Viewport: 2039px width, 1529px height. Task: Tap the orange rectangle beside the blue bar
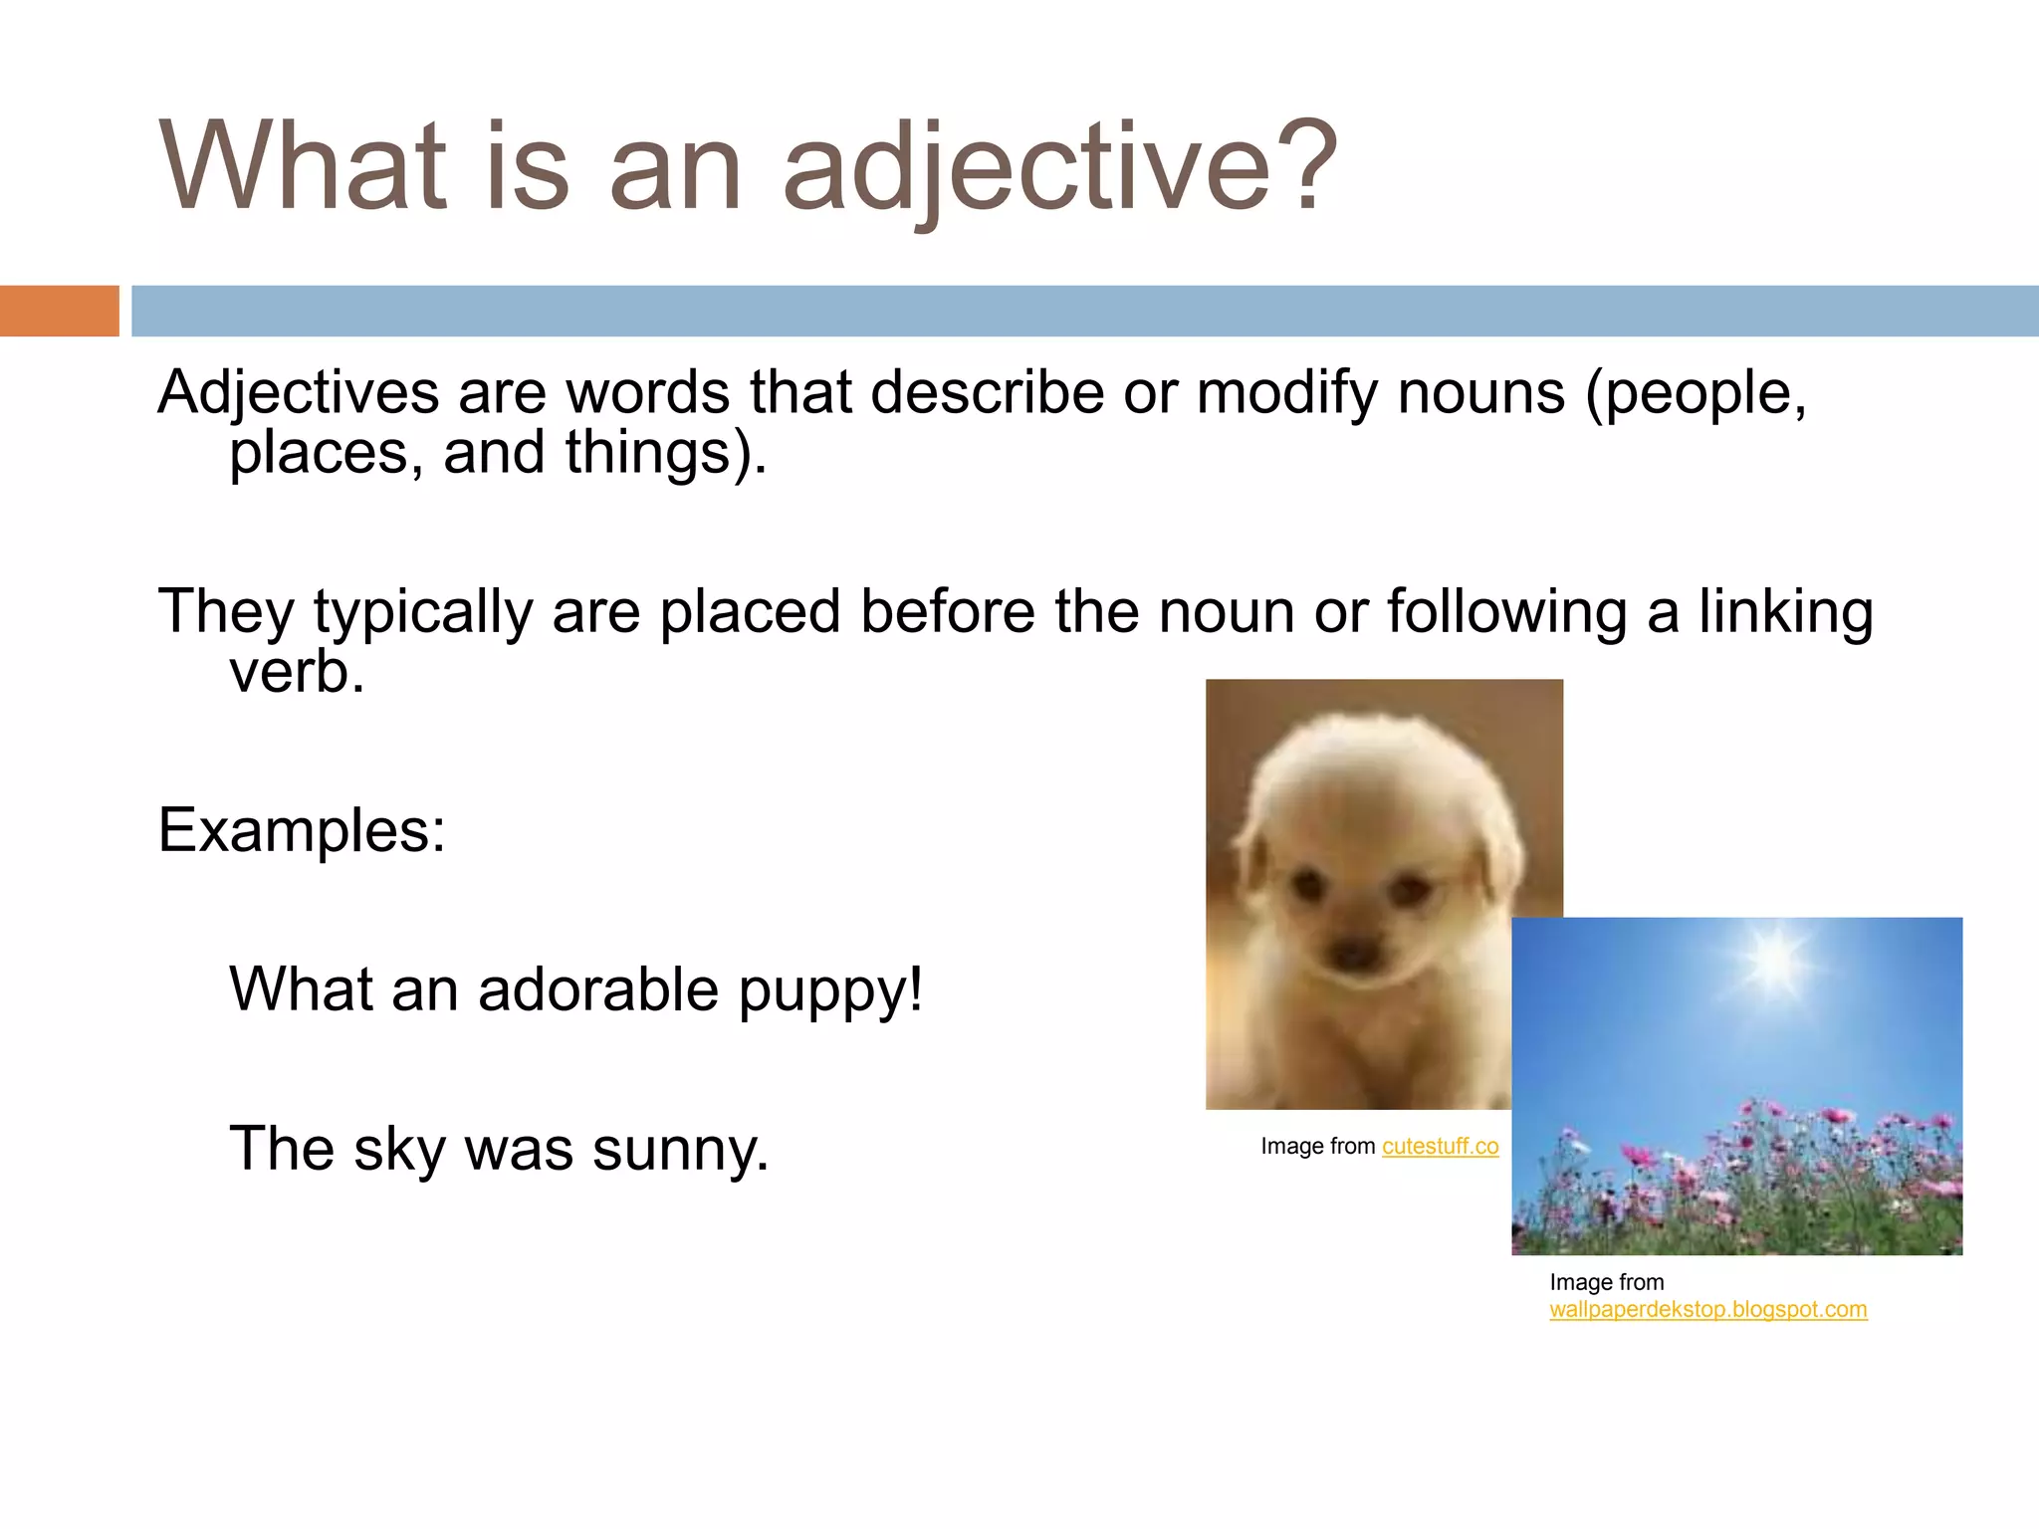(x=59, y=311)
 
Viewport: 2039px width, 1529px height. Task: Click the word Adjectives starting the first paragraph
(x=298, y=392)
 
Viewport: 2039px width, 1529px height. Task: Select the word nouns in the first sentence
(x=1480, y=392)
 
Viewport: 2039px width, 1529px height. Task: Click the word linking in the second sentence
(x=1785, y=611)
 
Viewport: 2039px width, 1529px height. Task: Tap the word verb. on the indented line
(x=297, y=672)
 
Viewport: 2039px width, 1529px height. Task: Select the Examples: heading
(x=302, y=830)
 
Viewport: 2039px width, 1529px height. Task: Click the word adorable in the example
(x=597, y=989)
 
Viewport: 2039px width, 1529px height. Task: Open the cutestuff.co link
(x=1440, y=1147)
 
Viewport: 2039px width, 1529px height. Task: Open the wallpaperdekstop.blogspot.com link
(x=1707, y=1310)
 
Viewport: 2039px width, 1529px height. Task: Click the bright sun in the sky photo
(x=1773, y=958)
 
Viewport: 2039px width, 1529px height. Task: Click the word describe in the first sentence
(x=988, y=392)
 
